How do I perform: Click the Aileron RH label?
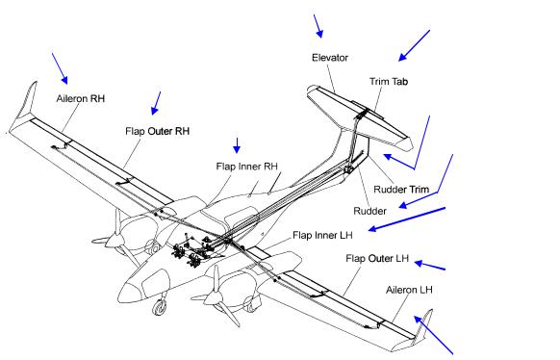(81, 98)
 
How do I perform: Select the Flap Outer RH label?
(157, 131)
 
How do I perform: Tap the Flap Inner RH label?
(246, 167)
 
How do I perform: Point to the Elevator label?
(330, 58)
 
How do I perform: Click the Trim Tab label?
(389, 82)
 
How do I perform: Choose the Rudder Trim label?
(401, 189)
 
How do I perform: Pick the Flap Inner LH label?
(322, 235)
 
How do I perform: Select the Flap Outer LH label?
(377, 258)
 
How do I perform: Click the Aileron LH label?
(409, 290)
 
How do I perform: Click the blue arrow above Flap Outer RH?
(156, 103)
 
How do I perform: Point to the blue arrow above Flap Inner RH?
(237, 145)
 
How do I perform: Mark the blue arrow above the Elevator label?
(318, 26)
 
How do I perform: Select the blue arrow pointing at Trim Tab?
(414, 45)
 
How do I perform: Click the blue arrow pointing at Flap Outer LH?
(430, 266)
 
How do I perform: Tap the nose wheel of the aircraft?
(160, 307)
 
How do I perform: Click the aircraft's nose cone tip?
(119, 297)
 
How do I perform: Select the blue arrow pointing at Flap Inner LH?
(407, 219)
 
